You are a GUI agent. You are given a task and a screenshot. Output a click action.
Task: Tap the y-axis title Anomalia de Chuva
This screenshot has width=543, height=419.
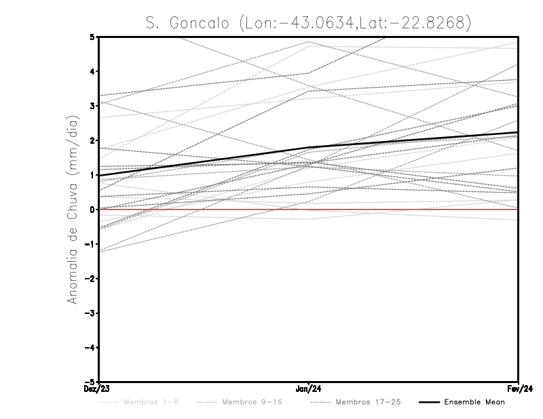coord(72,209)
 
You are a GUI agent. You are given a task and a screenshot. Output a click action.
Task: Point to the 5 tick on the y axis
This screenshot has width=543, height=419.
coord(93,37)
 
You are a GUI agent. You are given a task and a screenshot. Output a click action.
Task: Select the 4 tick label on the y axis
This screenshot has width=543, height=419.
coord(93,71)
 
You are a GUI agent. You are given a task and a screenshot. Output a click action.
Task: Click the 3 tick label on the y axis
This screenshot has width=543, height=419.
coord(93,106)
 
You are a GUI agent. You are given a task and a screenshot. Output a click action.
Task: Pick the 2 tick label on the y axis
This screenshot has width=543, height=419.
coord(93,140)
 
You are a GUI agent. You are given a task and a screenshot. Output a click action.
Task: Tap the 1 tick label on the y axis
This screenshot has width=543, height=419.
coord(93,175)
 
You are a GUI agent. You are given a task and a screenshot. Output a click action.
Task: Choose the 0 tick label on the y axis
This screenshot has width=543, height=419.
coord(93,209)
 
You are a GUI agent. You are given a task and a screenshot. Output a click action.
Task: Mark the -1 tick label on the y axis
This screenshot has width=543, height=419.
coord(91,244)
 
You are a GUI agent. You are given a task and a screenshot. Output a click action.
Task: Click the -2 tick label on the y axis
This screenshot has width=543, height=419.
coord(91,279)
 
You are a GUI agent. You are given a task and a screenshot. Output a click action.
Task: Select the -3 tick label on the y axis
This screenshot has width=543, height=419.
coord(91,313)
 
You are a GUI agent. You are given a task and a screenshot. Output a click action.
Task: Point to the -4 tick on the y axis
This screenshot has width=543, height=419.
coord(91,348)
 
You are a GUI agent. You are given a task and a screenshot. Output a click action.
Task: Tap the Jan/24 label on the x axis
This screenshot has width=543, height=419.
coord(309,389)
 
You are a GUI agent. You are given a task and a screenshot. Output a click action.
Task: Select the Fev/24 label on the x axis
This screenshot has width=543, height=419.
coord(519,389)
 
